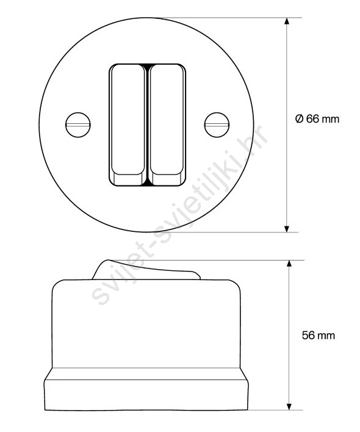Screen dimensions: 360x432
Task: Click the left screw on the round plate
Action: [78, 125]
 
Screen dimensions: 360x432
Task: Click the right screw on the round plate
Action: [217, 125]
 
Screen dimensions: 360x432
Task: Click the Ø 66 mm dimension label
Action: [317, 119]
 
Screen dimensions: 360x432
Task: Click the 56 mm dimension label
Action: [319, 336]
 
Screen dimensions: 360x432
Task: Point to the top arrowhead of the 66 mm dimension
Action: [287, 21]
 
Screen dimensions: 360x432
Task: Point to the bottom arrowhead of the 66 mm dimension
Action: [287, 229]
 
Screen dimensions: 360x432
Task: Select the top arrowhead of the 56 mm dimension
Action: [289, 264]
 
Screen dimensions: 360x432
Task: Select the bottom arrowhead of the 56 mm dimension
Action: [289, 406]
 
